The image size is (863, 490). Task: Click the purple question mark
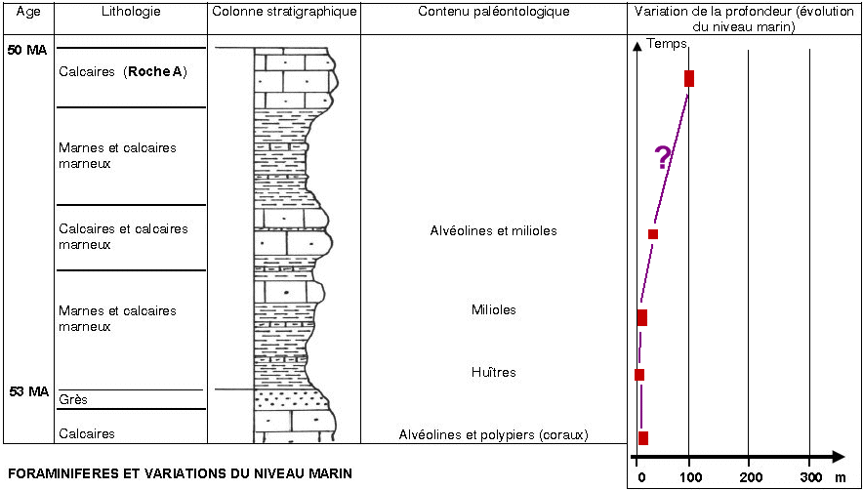click(x=663, y=157)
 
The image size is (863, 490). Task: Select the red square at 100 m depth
click(x=689, y=79)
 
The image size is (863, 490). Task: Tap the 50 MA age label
click(x=27, y=51)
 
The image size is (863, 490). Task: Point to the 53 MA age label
click(x=29, y=392)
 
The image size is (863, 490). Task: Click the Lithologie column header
click(x=130, y=12)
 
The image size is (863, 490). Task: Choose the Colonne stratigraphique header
click(x=284, y=12)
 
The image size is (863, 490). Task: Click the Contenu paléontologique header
click(x=493, y=12)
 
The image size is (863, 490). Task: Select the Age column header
click(x=28, y=12)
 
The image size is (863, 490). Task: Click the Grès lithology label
click(x=72, y=399)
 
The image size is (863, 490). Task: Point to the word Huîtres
click(x=494, y=372)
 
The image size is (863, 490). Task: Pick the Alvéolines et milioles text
click(x=493, y=230)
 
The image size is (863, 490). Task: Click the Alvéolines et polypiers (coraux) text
click(x=494, y=435)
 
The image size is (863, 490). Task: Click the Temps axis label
click(x=667, y=44)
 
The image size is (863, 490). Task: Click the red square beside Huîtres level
click(x=639, y=375)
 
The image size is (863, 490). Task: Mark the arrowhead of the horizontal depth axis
click(x=839, y=457)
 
